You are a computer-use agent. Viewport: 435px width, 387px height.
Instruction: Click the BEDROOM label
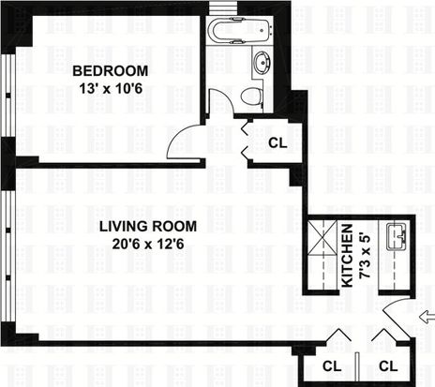(111, 71)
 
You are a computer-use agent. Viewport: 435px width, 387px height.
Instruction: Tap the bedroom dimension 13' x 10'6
(111, 88)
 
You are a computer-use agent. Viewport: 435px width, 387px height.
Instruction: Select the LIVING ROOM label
(148, 226)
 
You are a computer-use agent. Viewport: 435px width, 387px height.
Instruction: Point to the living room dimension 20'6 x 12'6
(148, 244)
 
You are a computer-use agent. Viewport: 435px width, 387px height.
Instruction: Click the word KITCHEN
(347, 256)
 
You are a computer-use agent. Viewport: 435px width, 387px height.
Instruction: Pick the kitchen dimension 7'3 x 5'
(365, 256)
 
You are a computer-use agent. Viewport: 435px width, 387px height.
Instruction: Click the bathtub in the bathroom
(241, 30)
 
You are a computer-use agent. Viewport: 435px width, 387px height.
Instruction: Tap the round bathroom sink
(262, 62)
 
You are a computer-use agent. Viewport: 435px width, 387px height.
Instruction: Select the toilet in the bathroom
(252, 96)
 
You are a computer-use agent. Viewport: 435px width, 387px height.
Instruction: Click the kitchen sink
(397, 237)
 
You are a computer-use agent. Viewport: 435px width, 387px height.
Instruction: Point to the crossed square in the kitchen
(322, 238)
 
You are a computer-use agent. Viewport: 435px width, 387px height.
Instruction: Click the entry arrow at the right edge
(427, 319)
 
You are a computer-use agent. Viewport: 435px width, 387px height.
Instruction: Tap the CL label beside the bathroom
(277, 143)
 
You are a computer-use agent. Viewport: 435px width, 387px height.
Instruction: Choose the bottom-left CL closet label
(332, 366)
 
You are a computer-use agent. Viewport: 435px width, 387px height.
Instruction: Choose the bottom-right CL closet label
(388, 366)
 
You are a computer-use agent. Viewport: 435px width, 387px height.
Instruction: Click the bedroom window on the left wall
(8, 96)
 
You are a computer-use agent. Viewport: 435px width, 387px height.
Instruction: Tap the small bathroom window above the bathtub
(223, 7)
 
